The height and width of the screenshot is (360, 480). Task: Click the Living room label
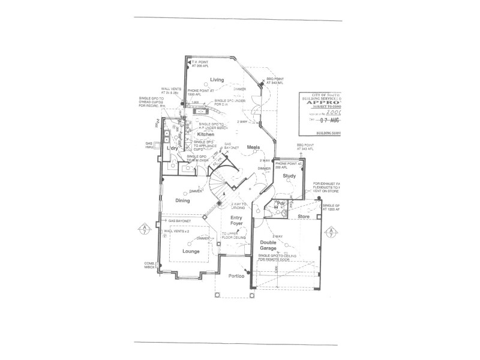[217, 79]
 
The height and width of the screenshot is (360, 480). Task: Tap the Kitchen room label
[206, 135]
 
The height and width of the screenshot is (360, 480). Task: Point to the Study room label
[290, 175]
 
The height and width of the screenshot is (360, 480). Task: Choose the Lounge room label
[191, 251]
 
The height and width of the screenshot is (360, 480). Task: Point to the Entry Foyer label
[237, 223]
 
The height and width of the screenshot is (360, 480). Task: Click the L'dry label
[173, 148]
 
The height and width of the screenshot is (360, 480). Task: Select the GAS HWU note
[151, 146]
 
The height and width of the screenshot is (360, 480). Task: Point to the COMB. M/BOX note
[151, 265]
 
